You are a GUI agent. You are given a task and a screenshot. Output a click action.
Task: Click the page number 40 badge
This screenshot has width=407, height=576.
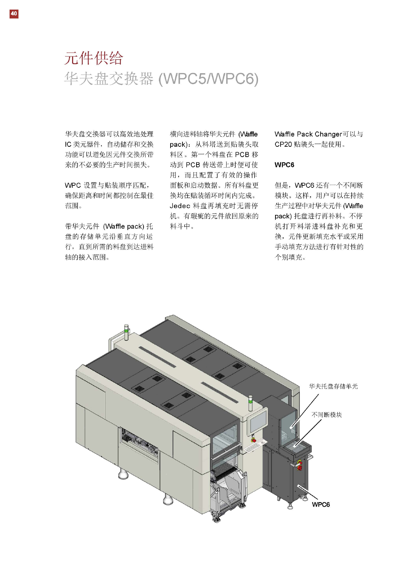tap(14, 14)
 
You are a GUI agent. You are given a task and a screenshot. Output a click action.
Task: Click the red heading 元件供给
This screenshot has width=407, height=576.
tap(93, 58)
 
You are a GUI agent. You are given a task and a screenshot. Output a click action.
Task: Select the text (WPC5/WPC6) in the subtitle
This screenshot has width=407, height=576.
tap(208, 79)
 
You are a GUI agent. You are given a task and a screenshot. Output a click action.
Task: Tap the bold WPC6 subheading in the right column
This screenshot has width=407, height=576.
tap(284, 165)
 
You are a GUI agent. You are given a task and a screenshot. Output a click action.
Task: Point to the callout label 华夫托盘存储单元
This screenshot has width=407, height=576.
tap(333, 387)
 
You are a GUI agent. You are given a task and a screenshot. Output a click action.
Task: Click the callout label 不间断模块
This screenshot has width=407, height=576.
tap(326, 415)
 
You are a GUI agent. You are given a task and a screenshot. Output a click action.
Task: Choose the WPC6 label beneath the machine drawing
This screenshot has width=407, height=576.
tap(321, 505)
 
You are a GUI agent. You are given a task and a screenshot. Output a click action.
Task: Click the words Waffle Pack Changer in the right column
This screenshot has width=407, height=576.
tap(308, 134)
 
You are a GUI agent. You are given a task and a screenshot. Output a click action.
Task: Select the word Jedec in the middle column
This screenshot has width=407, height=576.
tap(180, 206)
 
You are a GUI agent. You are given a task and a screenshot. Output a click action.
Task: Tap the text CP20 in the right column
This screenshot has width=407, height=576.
tap(283, 144)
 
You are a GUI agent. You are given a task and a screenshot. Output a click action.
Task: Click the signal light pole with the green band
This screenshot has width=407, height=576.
tap(126, 332)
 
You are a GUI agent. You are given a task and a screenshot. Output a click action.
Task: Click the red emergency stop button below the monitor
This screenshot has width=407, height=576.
tap(254, 440)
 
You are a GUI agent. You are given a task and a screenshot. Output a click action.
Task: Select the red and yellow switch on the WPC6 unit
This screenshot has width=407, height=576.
tap(300, 465)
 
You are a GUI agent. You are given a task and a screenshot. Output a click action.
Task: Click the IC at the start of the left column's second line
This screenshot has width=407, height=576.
tap(68, 144)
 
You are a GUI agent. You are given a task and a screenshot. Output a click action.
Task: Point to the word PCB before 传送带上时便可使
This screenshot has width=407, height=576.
tap(193, 165)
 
